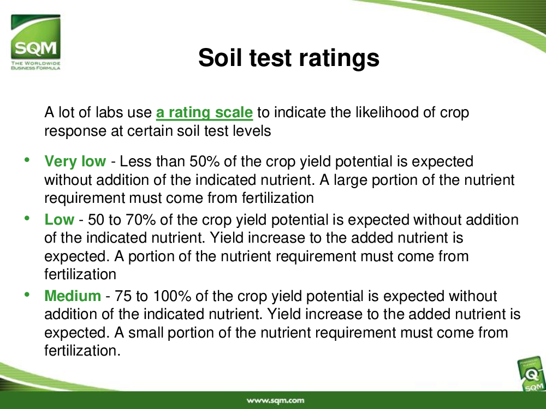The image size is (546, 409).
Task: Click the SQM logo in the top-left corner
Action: coord(35,42)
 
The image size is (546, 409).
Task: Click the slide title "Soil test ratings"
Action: coord(289,58)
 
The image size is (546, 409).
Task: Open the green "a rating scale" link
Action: coord(204,112)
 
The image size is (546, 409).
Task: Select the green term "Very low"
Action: coord(75,161)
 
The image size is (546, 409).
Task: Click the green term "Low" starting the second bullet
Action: coord(59,219)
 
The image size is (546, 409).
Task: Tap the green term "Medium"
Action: coord(73,296)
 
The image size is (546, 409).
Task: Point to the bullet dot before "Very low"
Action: coord(27,160)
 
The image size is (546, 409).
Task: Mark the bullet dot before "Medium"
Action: coord(27,294)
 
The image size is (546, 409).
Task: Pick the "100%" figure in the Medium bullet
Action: coord(172,296)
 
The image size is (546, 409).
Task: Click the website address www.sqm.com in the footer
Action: coord(275,400)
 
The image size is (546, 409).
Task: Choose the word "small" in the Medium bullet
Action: coord(146,333)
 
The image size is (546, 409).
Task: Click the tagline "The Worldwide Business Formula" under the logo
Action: coord(35,65)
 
